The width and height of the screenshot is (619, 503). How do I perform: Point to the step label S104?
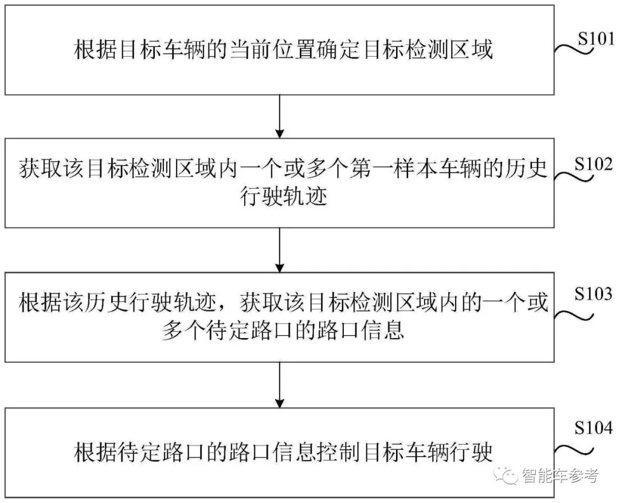click(x=593, y=428)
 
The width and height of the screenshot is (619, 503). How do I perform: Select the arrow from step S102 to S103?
click(x=280, y=250)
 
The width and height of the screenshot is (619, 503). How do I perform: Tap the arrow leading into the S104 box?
click(x=280, y=384)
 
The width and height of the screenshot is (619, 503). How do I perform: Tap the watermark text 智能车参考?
click(x=559, y=476)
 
